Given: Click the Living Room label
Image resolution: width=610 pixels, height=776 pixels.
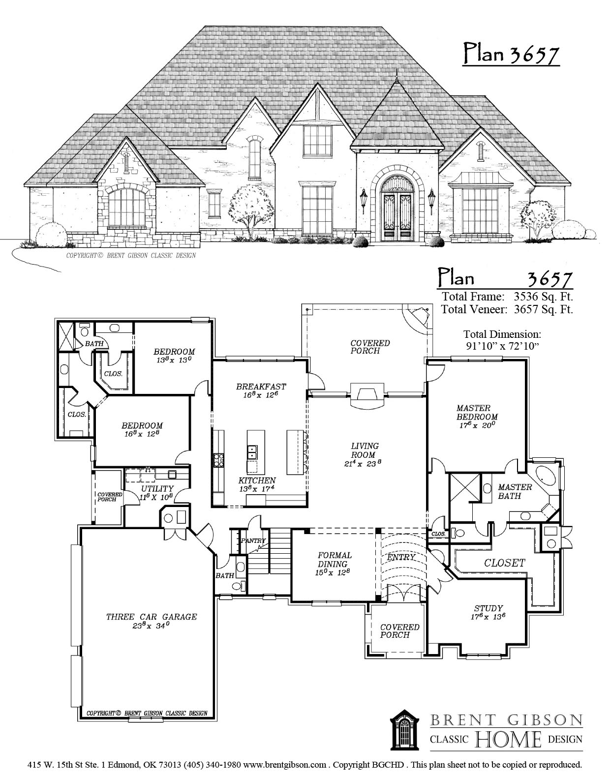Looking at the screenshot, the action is (x=365, y=450).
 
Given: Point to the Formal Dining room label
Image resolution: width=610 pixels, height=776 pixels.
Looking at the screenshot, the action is (x=335, y=560).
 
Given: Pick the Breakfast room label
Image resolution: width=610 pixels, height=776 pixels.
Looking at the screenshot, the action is (x=261, y=387).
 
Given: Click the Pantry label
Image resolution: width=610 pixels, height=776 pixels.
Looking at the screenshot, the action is (x=253, y=540).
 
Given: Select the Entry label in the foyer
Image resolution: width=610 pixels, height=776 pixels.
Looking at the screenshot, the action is (x=401, y=557).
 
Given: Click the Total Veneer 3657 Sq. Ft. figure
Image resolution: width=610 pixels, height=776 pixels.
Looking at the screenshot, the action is (x=544, y=309).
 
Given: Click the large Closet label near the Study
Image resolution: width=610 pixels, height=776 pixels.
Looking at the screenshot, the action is (x=504, y=563).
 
